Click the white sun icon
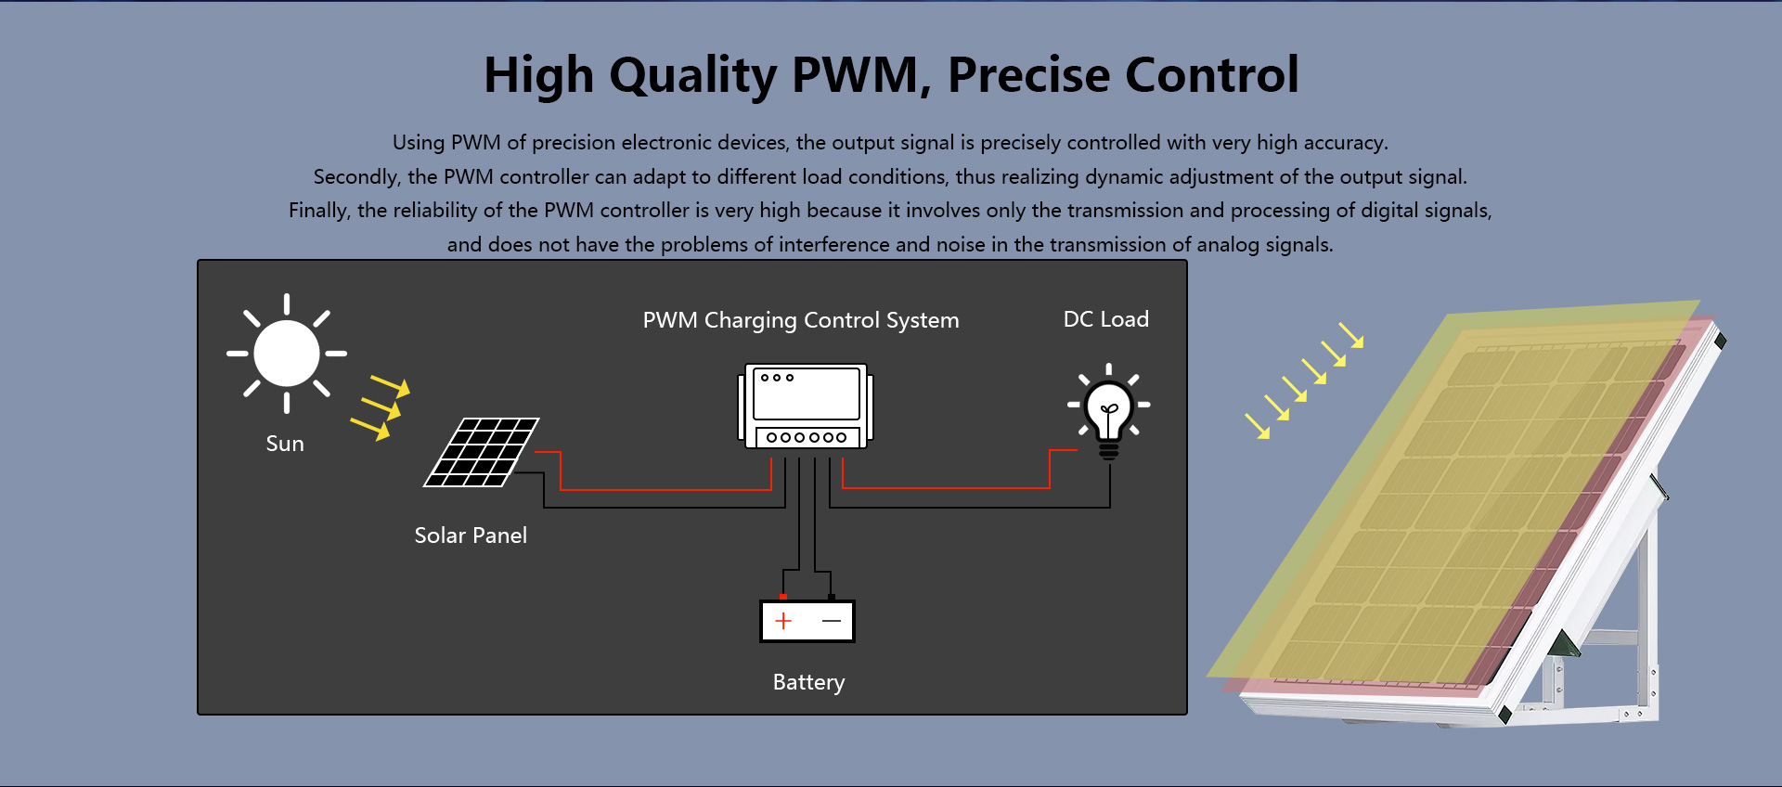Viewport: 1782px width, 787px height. [287, 354]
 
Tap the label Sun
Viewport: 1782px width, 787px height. [285, 444]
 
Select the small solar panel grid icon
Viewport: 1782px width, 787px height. [481, 452]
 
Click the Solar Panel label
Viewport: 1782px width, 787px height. [471, 535]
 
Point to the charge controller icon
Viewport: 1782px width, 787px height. [806, 406]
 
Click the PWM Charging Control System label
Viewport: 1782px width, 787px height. [801, 320]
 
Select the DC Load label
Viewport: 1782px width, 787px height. [1106, 319]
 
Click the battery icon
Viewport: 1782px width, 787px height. [807, 620]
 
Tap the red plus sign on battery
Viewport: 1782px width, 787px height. [783, 621]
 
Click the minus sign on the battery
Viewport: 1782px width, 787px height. [832, 621]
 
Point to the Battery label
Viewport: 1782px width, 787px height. [808, 682]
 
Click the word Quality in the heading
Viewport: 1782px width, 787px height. [692, 76]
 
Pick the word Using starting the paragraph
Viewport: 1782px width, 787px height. [419, 143]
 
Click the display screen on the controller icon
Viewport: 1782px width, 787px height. [806, 393]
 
